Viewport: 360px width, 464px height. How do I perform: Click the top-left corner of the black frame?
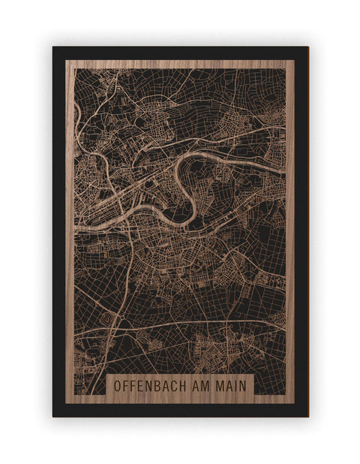tap(53, 47)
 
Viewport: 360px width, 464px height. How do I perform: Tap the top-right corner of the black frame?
tap(307, 47)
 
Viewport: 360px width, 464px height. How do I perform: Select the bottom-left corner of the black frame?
tap(53, 416)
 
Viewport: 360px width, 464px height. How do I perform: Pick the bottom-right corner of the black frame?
tap(307, 416)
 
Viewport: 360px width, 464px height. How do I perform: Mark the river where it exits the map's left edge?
tap(76, 224)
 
